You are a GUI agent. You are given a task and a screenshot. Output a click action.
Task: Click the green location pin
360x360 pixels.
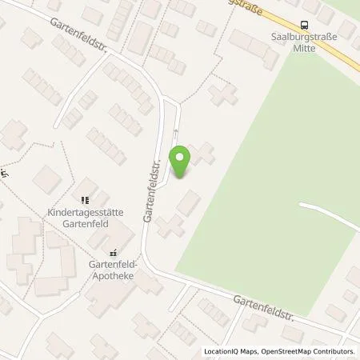181,160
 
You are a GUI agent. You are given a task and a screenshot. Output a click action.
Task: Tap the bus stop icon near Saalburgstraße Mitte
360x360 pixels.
304,26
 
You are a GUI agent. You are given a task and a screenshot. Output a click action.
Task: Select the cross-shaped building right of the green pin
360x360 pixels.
203,154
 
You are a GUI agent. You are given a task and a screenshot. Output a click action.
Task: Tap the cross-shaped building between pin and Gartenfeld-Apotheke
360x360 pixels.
169,226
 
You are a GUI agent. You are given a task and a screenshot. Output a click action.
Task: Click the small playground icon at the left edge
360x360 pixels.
3,173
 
